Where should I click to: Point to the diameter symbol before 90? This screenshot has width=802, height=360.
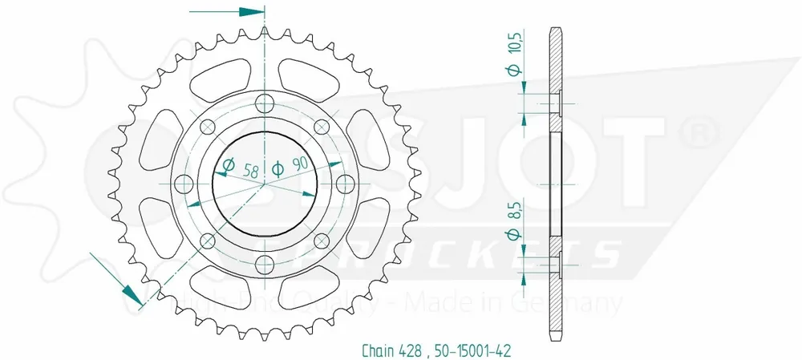[x=277, y=168]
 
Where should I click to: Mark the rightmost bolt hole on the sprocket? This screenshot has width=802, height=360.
[x=346, y=183]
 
